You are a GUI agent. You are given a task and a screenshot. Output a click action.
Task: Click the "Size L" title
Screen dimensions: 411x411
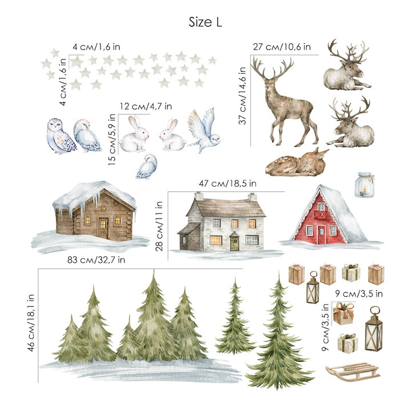pos(205,22)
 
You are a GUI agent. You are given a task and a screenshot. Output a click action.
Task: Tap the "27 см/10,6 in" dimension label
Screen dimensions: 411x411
pos(282,47)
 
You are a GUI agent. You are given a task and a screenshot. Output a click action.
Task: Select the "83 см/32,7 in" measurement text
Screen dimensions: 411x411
pos(96,260)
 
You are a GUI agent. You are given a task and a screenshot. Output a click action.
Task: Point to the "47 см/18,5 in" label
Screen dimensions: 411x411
pos(228,183)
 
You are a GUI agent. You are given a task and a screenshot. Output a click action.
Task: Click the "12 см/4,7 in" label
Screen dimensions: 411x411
pos(146,106)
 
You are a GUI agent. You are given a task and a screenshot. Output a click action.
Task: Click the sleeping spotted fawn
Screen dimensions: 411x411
pos(297,163)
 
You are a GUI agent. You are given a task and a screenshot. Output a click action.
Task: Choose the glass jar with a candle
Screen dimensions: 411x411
pos(364,184)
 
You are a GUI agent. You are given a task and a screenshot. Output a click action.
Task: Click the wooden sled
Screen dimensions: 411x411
pos(353,372)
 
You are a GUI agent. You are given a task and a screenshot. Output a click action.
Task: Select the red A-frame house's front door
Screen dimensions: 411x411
pos(321,235)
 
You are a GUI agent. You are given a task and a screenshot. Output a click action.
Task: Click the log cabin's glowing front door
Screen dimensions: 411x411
pos(103,228)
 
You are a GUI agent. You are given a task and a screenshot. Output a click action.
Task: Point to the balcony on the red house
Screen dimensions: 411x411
pos(320,215)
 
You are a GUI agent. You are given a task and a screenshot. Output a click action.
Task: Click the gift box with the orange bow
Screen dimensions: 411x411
pos(344,313)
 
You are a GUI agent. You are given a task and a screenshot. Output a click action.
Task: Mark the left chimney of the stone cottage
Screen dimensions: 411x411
pos(199,196)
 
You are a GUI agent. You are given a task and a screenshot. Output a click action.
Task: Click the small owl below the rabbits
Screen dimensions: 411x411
pos(147,167)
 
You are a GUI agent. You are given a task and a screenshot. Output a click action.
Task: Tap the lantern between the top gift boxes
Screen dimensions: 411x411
pos(313,288)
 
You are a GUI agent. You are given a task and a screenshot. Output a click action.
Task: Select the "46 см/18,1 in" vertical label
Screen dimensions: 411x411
pos(31,323)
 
